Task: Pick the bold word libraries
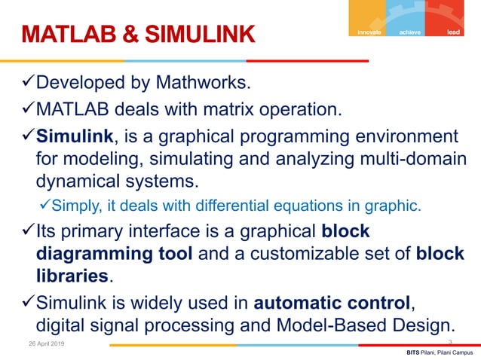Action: click(72, 275)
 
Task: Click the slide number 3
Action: click(450, 343)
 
